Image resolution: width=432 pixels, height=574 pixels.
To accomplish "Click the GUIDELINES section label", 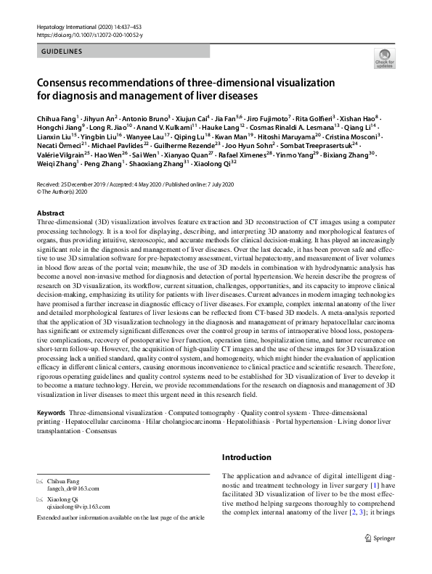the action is click(62, 52).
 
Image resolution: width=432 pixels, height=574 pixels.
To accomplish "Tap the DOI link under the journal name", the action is click(88, 34).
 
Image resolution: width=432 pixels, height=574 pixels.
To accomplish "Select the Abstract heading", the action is click(51, 213).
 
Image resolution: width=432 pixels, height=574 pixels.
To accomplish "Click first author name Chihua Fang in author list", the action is click(55, 118).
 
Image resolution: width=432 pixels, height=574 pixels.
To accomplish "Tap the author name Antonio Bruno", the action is click(145, 118).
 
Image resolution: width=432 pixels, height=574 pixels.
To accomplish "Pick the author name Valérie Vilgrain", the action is click(60, 155).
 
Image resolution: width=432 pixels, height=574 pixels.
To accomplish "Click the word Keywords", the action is click(51, 412).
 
